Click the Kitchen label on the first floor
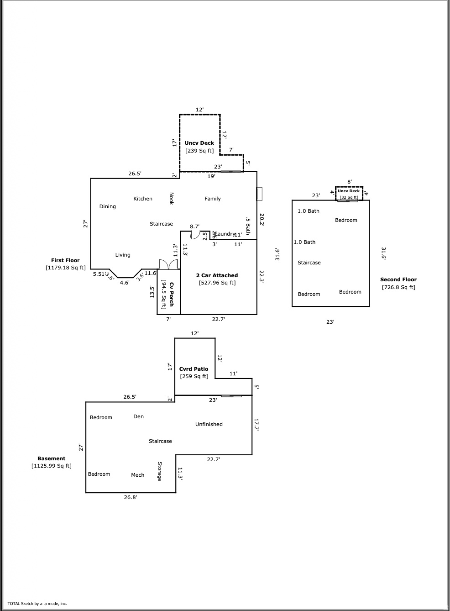(143, 199)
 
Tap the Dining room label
(108, 206)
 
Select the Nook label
(172, 198)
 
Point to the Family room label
(213, 199)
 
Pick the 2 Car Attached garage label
(217, 275)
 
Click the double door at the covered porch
(168, 264)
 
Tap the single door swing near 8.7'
(194, 236)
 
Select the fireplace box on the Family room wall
(259, 194)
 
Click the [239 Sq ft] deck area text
(199, 151)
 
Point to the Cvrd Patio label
(194, 369)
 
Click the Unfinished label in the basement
(209, 424)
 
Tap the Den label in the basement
(139, 416)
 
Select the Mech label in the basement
(138, 475)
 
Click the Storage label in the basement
(159, 471)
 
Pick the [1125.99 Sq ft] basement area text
(52, 466)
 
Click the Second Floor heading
(398, 279)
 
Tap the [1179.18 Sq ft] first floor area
(65, 268)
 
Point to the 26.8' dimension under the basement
(131, 497)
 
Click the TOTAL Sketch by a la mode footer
(37, 603)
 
